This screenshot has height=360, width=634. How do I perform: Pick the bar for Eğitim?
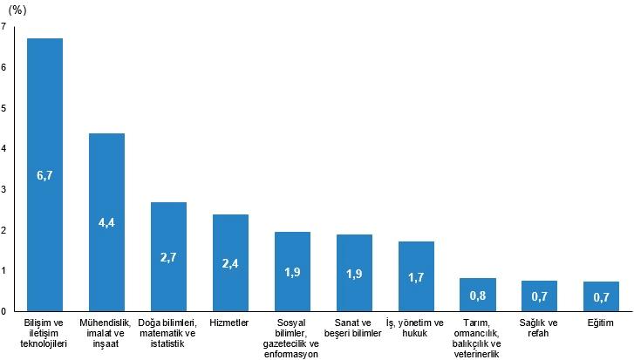tap(601, 296)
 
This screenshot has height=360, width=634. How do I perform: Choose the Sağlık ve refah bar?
tap(539, 296)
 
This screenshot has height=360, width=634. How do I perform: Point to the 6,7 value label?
tap(44, 175)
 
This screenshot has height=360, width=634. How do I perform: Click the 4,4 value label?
tap(106, 222)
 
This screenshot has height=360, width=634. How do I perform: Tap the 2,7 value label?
tap(168, 257)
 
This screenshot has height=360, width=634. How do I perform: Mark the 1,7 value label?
tap(416, 276)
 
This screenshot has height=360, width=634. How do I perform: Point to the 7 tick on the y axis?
tap(4, 27)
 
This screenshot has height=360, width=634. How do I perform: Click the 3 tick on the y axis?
tap(4, 189)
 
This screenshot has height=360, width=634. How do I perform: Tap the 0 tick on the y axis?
tap(4, 311)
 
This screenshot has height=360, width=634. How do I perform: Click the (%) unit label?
tap(17, 10)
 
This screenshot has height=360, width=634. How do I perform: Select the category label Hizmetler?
tap(230, 323)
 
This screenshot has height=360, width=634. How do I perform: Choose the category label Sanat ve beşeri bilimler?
tap(354, 328)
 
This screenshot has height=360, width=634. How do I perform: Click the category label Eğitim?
tap(601, 323)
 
